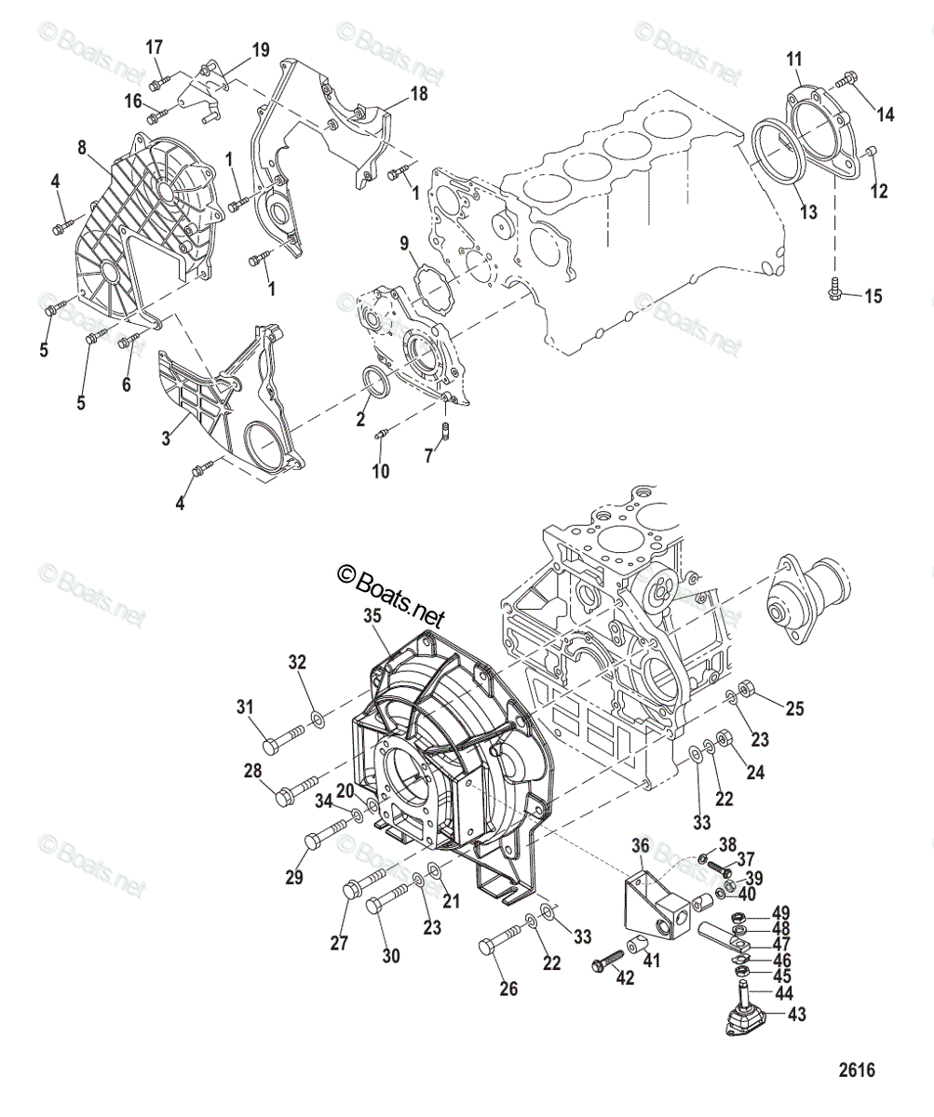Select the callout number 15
tap(873, 297)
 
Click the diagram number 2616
tap(857, 1070)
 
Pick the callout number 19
tap(260, 49)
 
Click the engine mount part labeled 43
tap(745, 1017)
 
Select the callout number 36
tap(640, 845)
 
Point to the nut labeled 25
tap(747, 692)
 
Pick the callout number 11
tap(793, 60)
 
